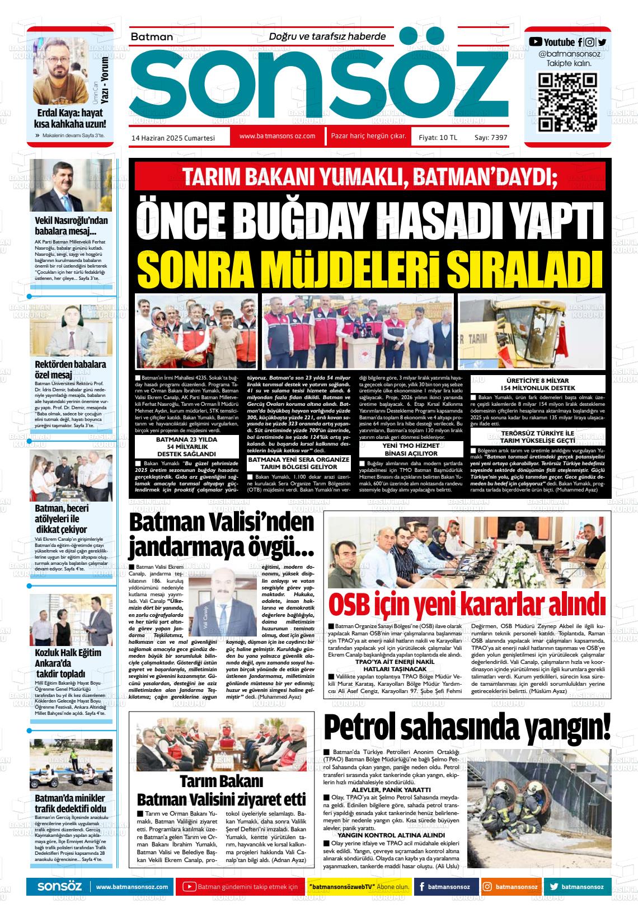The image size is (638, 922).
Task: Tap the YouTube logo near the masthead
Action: click(x=536, y=41)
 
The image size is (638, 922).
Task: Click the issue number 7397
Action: click(x=498, y=137)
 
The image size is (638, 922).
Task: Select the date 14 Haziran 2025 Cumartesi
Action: click(x=173, y=137)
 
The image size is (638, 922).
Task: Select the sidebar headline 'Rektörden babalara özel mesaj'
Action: click(x=70, y=369)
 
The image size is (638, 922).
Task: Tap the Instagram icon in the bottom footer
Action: click(x=487, y=887)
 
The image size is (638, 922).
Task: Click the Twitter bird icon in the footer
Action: click(x=553, y=887)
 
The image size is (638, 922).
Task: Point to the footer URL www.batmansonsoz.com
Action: click(x=132, y=887)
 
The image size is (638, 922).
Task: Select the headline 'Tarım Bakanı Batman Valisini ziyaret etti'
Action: click(x=222, y=790)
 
